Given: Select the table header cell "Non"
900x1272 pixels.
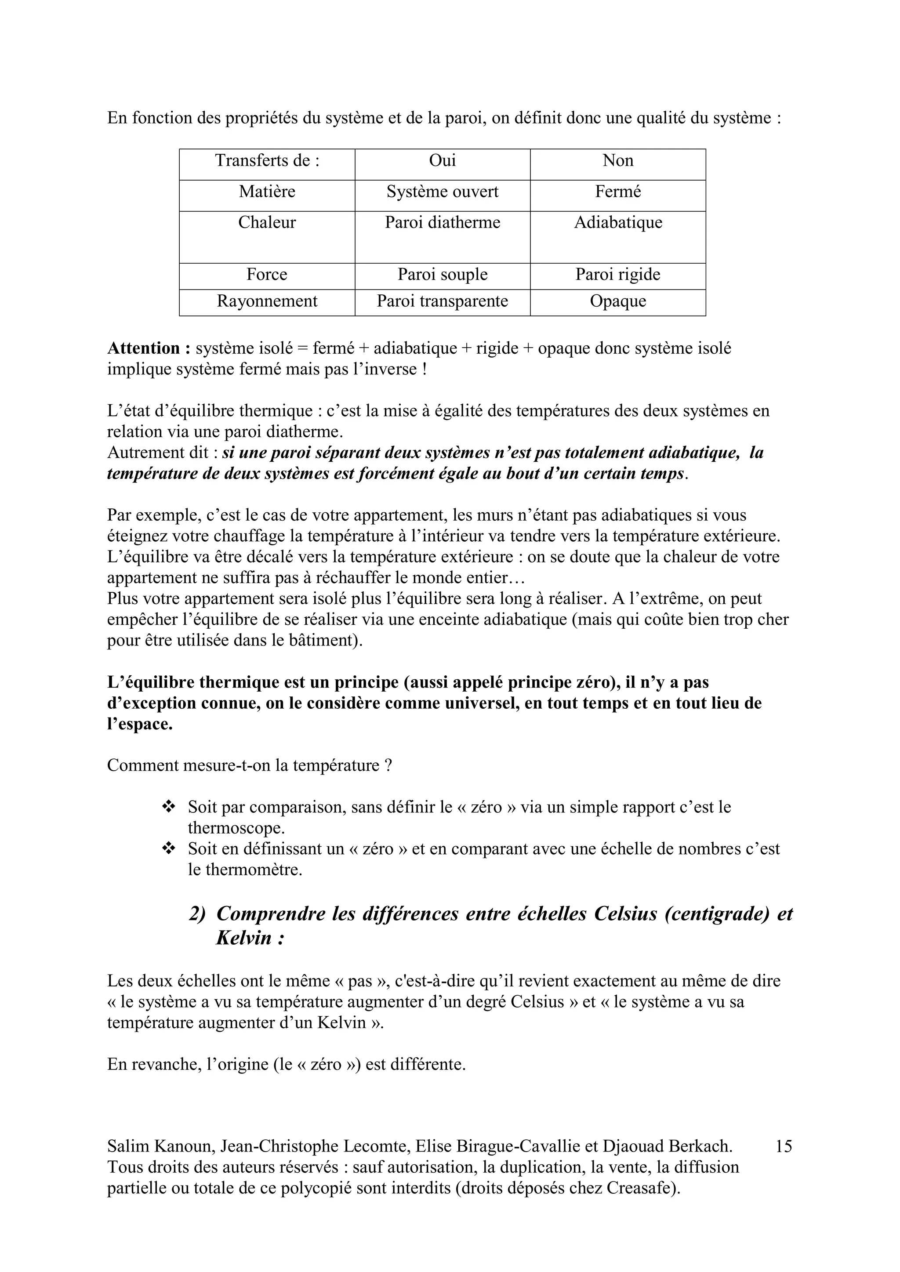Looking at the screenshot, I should coord(617,161).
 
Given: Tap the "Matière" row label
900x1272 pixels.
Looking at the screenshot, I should coord(267,192).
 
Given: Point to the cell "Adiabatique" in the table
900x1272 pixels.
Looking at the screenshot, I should coord(617,223).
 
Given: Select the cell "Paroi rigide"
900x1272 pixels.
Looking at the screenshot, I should coord(617,275).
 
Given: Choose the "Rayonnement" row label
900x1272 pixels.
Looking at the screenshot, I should coord(267,301).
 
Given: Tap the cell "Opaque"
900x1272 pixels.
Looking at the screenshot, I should coord(617,301).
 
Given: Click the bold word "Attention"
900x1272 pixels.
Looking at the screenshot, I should coord(144,348).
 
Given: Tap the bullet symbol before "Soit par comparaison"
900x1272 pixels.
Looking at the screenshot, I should coord(168,807).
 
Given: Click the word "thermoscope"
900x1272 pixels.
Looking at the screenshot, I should coord(235,828).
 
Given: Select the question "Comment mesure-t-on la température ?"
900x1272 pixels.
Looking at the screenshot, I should coord(249,766).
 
